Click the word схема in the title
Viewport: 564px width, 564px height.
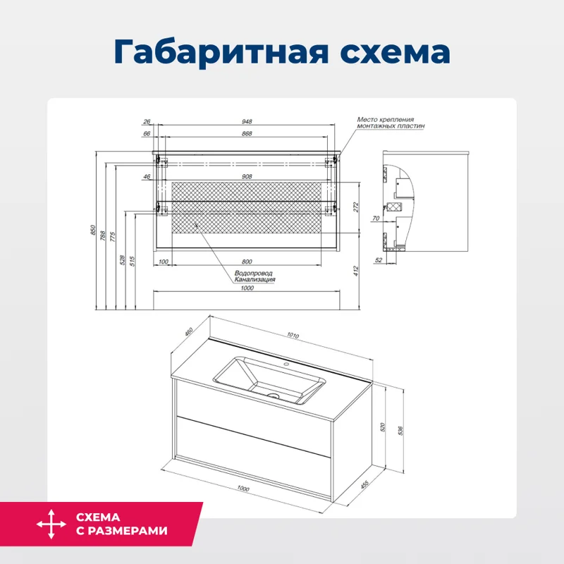pos(386,53)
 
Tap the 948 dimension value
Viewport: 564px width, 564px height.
pos(246,121)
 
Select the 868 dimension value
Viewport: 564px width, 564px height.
pos(246,133)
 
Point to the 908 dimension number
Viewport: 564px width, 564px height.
pos(246,176)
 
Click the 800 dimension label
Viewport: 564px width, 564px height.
pos(246,262)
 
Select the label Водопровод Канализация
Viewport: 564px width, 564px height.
pos(254,276)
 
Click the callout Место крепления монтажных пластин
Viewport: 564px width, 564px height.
pos(391,123)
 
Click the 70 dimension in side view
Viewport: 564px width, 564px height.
pos(376,219)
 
